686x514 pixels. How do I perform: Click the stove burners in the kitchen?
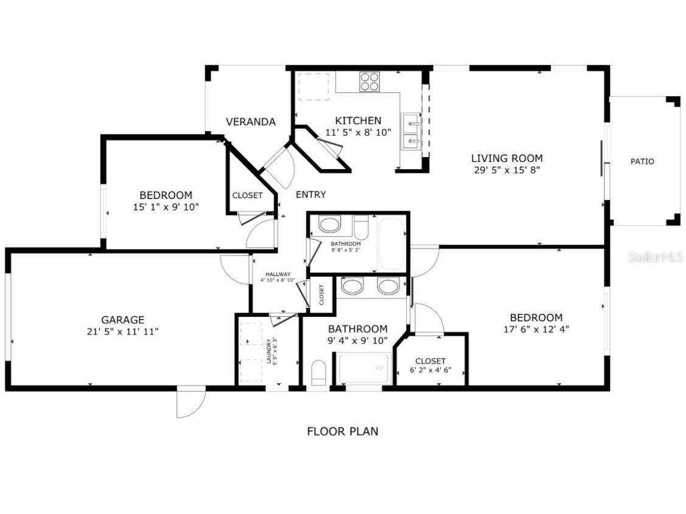[x=369, y=82]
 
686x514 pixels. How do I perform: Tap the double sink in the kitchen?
[x=411, y=133]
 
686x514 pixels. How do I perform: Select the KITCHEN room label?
[x=358, y=120]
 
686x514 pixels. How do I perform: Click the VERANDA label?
[x=250, y=122]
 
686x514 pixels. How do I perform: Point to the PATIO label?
[x=642, y=161]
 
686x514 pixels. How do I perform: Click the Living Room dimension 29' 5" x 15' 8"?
[x=506, y=170]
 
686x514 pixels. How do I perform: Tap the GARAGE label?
[x=122, y=319]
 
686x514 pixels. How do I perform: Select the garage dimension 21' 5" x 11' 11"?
[x=122, y=332]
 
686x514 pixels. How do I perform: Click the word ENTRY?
[x=310, y=195]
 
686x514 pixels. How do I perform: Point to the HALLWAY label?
[x=278, y=274]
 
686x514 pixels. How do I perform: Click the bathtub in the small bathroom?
[x=391, y=243]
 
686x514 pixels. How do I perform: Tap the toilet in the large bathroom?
[x=319, y=372]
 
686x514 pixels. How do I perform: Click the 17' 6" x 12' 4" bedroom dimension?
[x=536, y=330]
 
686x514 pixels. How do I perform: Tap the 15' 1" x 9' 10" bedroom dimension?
[x=166, y=207]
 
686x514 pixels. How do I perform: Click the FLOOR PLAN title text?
[x=342, y=431]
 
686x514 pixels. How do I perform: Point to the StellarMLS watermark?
[x=656, y=257]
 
